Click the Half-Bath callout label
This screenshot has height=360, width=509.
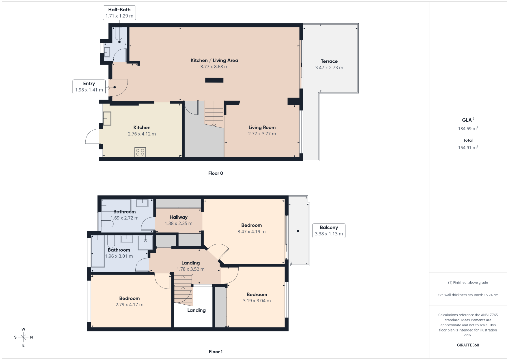coord(119,13)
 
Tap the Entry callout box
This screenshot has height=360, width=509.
coord(89,87)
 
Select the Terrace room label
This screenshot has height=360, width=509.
coord(329,61)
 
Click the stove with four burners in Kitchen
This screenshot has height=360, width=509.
coord(140,152)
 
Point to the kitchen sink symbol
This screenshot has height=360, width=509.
coord(107,118)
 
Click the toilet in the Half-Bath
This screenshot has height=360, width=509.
coord(119,34)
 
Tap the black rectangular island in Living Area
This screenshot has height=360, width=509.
coord(214,80)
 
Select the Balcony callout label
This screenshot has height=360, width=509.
coord(329,231)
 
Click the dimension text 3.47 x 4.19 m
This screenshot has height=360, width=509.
coord(252,232)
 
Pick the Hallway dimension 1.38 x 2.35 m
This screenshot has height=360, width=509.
coord(179,223)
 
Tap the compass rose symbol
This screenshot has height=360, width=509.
coord(23,337)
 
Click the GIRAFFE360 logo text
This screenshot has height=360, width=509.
coord(468,345)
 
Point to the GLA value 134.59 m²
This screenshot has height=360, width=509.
coord(468,128)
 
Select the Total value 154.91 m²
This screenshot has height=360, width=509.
coord(468,147)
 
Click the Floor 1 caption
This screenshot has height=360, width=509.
coord(216,352)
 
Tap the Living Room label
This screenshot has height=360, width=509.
coord(262,127)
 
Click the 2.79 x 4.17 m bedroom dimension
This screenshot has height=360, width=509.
coord(130,305)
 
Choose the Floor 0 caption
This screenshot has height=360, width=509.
coord(216,173)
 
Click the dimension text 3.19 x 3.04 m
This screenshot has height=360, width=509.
coord(257,301)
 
